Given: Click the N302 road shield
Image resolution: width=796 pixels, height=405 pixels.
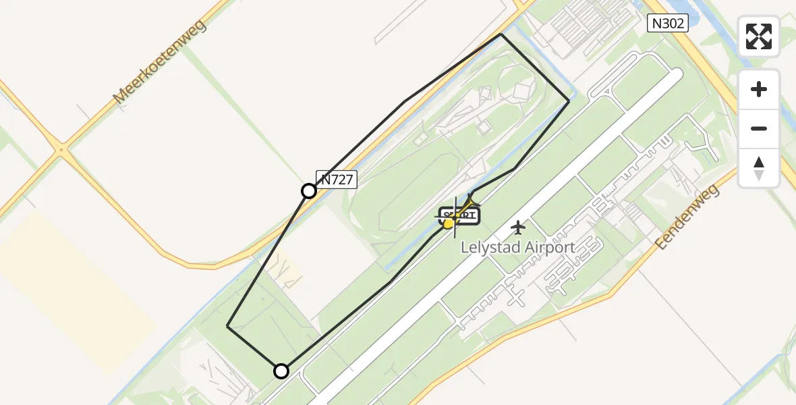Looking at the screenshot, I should point(667,24).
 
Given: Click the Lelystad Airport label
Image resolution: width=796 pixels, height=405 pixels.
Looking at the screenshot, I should point(517,247).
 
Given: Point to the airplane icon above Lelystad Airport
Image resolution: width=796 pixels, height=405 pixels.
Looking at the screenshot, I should point(517,227).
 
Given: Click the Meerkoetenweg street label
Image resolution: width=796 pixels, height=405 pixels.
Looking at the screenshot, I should point(160,62).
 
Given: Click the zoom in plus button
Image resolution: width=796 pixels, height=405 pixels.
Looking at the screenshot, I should point(759,89).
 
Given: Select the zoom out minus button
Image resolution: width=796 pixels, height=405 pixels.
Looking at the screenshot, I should point(759,128).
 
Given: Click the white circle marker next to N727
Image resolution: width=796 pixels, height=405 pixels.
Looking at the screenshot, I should point(309,191).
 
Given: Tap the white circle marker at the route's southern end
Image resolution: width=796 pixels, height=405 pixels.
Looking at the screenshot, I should point(281,371).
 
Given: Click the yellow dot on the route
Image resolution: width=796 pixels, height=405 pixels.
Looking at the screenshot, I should point(449,223).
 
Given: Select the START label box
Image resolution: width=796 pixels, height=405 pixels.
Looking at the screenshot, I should point(461,216).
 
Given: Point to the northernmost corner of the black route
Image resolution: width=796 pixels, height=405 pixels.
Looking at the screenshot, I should point(501,34).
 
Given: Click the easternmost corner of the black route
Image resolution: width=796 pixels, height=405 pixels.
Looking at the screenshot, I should point(569,101).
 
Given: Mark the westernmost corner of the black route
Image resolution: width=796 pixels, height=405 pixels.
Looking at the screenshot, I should point(227,326).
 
